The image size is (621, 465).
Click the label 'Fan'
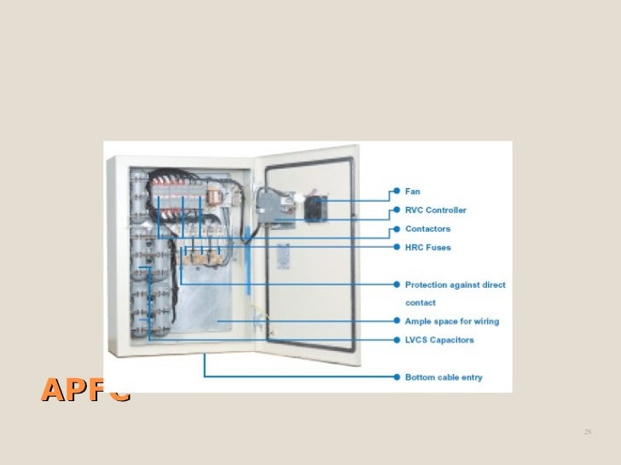(412, 192)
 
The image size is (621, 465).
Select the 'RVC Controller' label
(435, 210)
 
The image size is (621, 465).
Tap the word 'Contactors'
(427, 229)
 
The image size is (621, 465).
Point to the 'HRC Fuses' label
(427, 248)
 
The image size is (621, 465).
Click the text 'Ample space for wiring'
(451, 322)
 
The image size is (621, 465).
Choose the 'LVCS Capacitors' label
(438, 340)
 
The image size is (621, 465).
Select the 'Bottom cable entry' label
(444, 377)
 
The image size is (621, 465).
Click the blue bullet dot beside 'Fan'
(396, 192)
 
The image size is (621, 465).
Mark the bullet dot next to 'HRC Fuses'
(396, 248)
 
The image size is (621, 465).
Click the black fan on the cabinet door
(316, 207)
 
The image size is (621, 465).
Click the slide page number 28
(587, 433)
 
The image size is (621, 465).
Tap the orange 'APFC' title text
(85, 390)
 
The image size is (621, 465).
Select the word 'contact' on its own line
(420, 302)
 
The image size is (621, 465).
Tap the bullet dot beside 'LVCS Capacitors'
(396, 340)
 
